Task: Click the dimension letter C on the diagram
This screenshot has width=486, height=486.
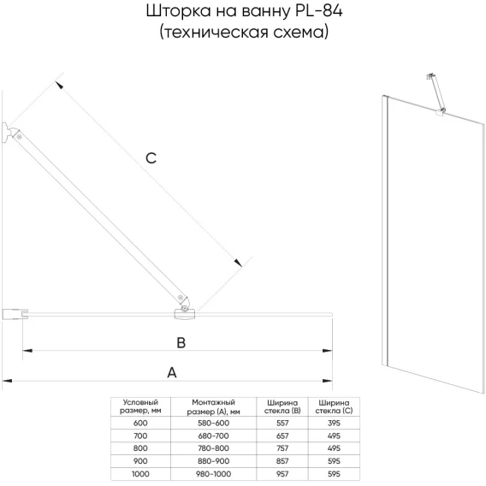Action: [151, 158]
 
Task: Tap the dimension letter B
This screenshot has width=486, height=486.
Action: [181, 343]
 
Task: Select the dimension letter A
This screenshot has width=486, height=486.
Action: [172, 372]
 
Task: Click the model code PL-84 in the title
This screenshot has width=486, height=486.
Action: [317, 11]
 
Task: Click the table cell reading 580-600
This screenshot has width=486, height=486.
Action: [214, 423]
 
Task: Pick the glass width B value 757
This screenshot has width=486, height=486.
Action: [282, 448]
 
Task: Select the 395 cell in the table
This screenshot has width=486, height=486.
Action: [334, 423]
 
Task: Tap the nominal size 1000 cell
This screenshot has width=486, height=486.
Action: [140, 474]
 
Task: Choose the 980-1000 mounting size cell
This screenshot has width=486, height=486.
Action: [214, 474]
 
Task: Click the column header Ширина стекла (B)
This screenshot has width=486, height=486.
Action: [282, 406]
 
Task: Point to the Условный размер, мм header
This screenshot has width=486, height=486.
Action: [140, 406]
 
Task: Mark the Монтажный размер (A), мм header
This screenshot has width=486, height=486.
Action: [214, 406]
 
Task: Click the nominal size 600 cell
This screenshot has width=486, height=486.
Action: [140, 423]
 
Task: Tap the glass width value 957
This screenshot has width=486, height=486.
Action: [282, 474]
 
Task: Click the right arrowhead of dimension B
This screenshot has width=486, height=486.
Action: [328, 351]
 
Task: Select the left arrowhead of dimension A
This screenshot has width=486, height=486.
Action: [7, 381]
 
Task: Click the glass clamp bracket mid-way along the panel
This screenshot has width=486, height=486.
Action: [185, 314]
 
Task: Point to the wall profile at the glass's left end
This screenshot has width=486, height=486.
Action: [15, 314]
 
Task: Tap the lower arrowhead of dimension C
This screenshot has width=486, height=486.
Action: [238, 263]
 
